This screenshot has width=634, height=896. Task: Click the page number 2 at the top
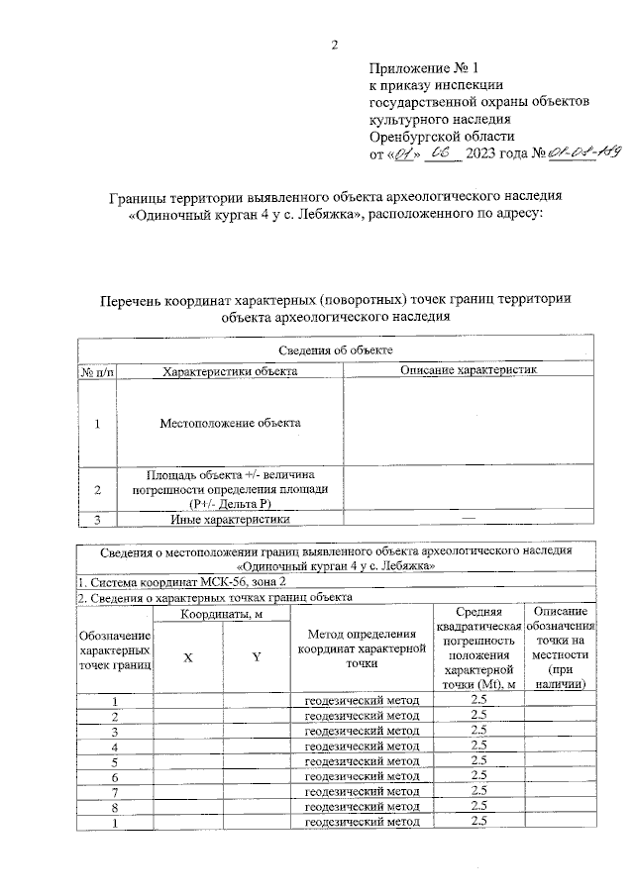click(x=335, y=45)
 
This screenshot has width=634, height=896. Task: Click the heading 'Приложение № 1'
click(x=423, y=69)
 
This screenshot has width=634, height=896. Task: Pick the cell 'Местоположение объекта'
click(x=230, y=424)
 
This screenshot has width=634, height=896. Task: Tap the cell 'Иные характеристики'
click(x=230, y=519)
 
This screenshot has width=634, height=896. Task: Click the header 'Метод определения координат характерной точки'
click(x=361, y=650)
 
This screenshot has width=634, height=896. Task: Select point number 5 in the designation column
click(x=116, y=762)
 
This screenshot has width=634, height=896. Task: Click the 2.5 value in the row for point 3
click(x=479, y=731)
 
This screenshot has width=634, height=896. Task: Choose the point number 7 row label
click(x=116, y=792)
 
